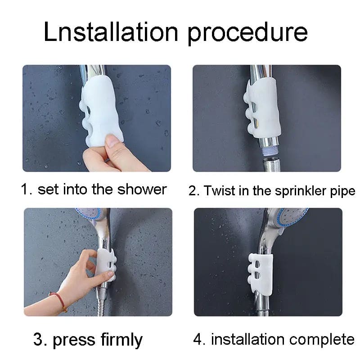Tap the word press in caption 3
pos(72,340)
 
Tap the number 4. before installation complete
pos(199,339)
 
